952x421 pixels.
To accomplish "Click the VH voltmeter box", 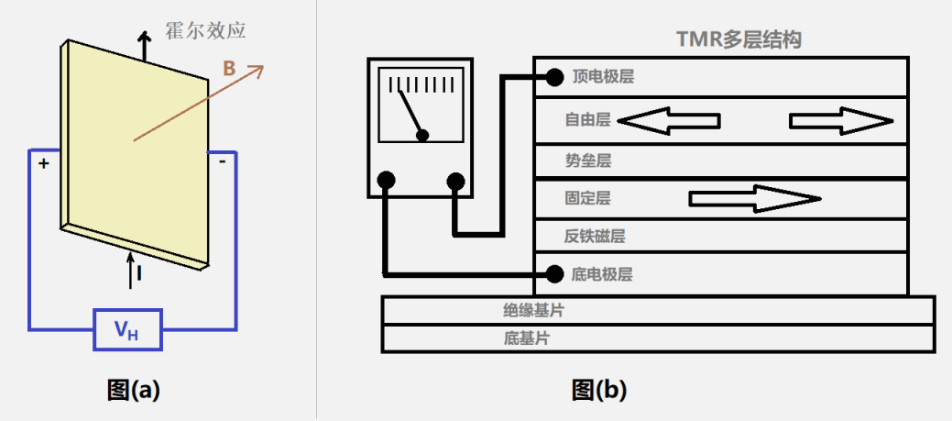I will coord(127,330).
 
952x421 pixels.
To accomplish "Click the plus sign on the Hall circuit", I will coord(42,164).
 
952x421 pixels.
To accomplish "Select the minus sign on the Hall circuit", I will coord(223,162).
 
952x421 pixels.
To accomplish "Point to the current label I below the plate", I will coord(138,273).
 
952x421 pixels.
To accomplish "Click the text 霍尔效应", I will coord(205,30).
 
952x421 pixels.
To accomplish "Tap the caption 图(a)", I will coord(133,390).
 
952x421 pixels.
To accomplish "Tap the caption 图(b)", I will coord(599,390).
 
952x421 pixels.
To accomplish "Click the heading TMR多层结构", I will coord(739,39).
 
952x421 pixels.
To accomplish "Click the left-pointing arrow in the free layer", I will coord(669,120).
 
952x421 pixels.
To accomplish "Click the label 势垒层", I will coord(588,161).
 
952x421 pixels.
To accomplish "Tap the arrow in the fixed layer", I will coord(754,198).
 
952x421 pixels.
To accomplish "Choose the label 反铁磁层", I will coord(595,236).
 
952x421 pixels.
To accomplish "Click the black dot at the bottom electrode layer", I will coord(553,273).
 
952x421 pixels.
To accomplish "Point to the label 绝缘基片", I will coord(533,310).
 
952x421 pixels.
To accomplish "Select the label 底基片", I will coord(526,338).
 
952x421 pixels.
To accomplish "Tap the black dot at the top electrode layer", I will coord(553,76).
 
